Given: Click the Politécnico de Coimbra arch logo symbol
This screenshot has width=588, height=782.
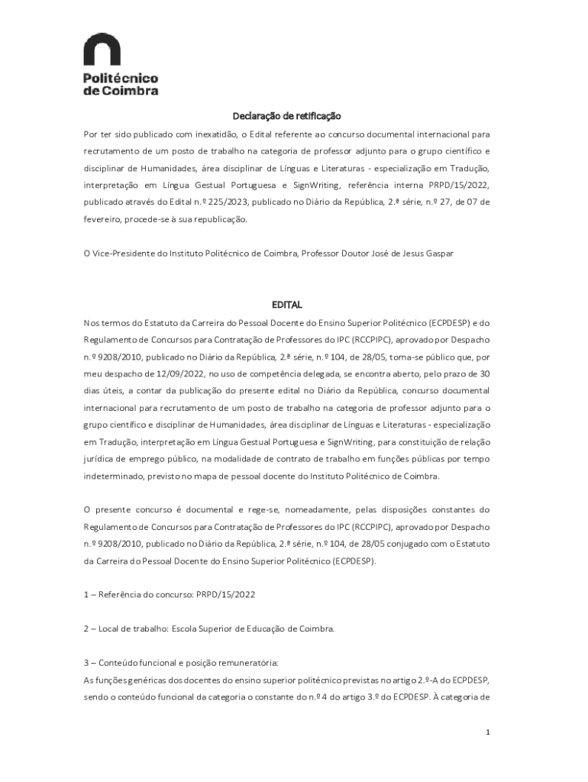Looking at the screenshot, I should [x=102, y=51].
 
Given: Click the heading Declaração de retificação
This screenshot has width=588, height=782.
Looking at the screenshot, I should [x=286, y=116].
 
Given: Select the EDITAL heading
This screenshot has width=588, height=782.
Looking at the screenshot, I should [x=287, y=304].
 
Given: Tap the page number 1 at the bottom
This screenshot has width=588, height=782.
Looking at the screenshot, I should [x=487, y=733].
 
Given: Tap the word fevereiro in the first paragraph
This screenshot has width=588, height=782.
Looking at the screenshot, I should [x=102, y=219].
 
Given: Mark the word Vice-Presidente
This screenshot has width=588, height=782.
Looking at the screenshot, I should [x=121, y=253].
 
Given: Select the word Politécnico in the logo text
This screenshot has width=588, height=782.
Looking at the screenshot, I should [x=120, y=78].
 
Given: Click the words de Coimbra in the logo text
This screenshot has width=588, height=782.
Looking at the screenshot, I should [x=120, y=90].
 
